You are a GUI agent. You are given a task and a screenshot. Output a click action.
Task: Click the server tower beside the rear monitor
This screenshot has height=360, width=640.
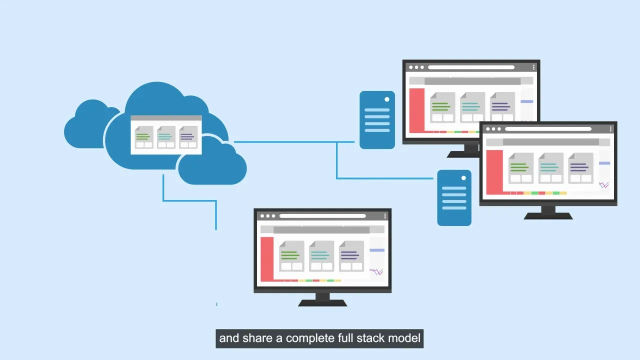377,120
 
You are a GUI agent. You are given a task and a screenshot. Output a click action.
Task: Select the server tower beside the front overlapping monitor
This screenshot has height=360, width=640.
454,198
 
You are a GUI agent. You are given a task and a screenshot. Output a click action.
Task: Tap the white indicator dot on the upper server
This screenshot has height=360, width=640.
387,99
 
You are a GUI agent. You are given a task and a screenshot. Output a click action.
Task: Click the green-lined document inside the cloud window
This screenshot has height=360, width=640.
144,137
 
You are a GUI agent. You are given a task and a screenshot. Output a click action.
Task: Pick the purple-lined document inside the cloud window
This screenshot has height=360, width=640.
188,137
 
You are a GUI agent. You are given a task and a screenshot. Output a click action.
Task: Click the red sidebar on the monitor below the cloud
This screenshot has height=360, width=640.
267,259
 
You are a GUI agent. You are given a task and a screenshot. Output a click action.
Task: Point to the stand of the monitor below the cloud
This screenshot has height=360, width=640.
322,299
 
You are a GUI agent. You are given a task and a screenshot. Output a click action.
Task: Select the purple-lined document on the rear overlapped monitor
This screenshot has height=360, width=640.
502,107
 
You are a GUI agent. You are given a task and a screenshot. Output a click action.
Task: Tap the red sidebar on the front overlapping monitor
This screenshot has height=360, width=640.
494,171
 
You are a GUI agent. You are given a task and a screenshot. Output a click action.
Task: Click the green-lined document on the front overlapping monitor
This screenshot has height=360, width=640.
520,168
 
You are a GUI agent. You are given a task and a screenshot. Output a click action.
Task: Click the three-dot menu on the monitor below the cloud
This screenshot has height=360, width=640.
385,216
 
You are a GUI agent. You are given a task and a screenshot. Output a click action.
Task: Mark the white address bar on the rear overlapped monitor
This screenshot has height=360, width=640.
471,67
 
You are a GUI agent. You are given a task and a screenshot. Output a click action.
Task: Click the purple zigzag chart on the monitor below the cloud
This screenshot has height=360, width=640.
376,272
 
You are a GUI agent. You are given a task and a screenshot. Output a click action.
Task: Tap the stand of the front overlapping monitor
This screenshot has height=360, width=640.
548,212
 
